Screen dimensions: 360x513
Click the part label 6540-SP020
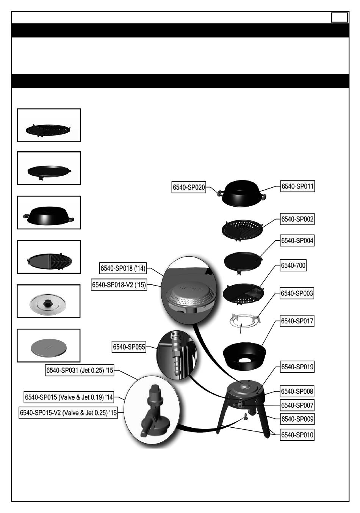point(189,187)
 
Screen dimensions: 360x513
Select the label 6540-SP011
point(297,186)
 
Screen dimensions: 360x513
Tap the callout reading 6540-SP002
point(297,219)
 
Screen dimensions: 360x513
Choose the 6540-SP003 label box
point(297,293)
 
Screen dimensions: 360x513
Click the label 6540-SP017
point(297,321)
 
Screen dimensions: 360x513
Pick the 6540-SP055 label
point(129,347)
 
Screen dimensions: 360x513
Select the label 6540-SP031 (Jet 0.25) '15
point(80,370)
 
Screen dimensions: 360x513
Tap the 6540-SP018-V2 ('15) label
point(119,285)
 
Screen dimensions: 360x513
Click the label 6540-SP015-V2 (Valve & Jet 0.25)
point(68,413)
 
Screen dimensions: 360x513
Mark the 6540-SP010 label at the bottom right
point(297,435)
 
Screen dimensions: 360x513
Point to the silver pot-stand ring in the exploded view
point(245,320)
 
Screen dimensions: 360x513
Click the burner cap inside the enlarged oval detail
point(191,296)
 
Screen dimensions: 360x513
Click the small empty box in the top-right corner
point(340,18)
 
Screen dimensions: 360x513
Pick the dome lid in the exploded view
point(242,193)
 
